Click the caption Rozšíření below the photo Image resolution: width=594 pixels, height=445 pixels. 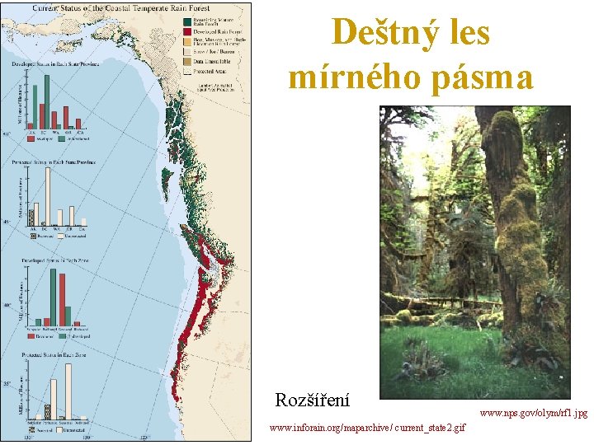[312, 401]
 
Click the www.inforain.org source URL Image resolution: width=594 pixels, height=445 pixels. [367, 428]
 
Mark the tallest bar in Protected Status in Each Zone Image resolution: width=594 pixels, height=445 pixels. [68, 391]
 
